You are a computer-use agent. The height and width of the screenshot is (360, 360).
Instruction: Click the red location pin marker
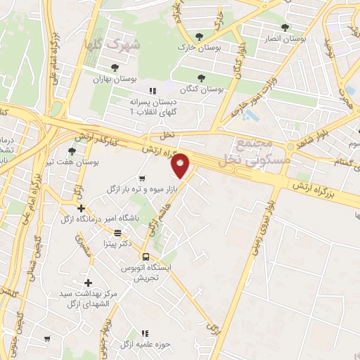pos(181,165)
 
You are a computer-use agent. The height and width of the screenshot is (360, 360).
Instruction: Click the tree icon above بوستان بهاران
pos(114,67)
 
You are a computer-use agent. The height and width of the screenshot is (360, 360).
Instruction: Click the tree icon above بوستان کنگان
pos(202,78)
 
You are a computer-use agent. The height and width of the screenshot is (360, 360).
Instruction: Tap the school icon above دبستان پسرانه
pos(152,91)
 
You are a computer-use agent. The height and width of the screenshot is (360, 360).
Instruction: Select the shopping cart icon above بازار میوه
pos(143,178)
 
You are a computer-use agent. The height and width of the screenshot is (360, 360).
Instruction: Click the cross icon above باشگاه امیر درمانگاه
pos(82,208)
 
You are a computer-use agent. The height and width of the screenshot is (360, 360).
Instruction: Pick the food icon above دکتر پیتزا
pos(117,232)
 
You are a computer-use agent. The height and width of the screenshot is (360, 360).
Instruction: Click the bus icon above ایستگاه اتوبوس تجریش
pos(146,257)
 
